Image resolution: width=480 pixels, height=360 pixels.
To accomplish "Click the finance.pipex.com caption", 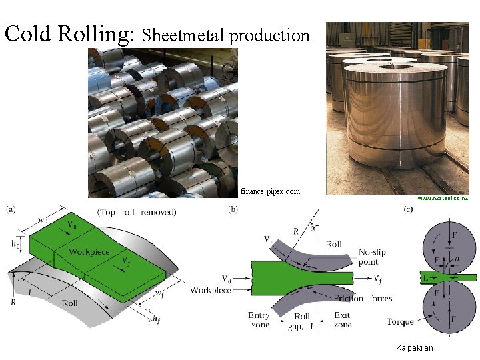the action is tap(270, 191).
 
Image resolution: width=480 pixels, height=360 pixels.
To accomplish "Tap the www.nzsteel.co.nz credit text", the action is tap(443, 198).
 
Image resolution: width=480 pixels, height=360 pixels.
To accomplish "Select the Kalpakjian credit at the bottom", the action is tap(414, 348).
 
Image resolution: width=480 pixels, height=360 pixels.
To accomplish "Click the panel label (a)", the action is tap(12, 209).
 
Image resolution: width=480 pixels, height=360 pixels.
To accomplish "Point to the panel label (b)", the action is tap(233, 209).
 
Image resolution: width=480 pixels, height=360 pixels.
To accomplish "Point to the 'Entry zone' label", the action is tap(259, 320).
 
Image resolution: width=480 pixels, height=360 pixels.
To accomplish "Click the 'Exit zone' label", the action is tap(343, 320).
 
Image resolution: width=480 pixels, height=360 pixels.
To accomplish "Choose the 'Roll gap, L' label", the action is tap(303, 321).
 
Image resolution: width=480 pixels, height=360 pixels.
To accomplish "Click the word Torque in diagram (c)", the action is tap(400, 322).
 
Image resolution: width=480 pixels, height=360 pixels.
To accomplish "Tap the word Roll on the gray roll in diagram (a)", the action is tap(70, 303).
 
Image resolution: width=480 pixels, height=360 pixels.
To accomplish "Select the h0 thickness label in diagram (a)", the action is tap(15, 244).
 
